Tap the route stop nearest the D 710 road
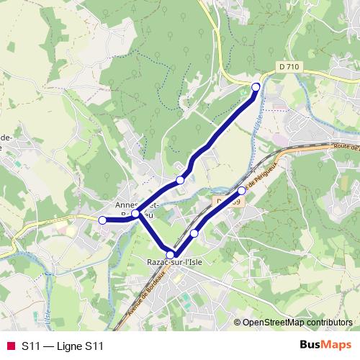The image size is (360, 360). tap(256, 87)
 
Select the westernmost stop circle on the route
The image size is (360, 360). tap(102, 220)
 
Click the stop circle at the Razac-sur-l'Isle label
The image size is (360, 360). tap(171, 254)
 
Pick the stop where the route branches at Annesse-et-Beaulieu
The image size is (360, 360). tap(135, 214)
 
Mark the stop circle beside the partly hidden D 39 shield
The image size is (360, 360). tap(242, 191)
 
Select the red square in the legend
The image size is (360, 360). tap(9, 346)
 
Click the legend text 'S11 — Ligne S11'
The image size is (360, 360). tap(63, 346)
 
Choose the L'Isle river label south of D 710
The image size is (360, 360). tap(257, 122)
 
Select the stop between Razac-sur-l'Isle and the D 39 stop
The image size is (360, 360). tap(194, 233)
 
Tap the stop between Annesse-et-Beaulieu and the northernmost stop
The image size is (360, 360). tap(180, 180)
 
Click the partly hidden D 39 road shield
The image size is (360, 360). tap(225, 204)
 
